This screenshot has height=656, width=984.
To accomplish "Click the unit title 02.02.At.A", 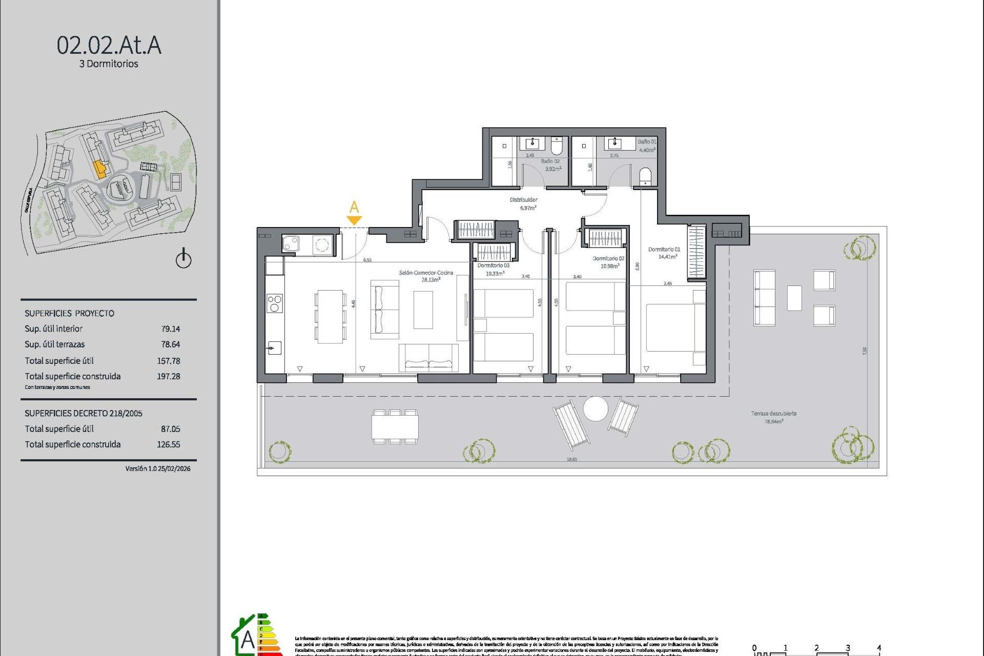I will (109, 45).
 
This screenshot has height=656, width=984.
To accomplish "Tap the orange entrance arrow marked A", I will (354, 219).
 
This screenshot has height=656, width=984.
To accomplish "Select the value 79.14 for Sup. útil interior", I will (170, 329).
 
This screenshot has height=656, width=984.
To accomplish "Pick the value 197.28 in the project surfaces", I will (168, 376).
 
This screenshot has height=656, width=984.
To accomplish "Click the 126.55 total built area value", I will (168, 444).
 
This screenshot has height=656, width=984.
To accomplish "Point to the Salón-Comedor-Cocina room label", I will (426, 273).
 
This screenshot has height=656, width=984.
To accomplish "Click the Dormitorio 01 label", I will (664, 250).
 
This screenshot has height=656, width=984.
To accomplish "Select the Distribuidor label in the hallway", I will (523, 200).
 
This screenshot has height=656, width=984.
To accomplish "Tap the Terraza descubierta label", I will (773, 414).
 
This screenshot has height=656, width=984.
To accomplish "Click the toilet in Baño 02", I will (557, 146).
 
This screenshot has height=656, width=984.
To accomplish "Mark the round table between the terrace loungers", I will (596, 408).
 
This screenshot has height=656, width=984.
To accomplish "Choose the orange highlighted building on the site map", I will (100, 169).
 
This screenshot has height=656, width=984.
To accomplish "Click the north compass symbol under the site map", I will (183, 259).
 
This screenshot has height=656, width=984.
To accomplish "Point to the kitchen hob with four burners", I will (275, 303).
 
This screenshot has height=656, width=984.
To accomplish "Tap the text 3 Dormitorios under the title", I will (109, 64).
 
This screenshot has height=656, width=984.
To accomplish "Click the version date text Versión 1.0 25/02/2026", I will (157, 468).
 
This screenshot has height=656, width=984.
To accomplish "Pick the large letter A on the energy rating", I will (248, 640).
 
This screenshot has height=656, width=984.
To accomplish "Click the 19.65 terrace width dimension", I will (571, 459).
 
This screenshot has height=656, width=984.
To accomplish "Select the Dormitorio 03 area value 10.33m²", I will (494, 274).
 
